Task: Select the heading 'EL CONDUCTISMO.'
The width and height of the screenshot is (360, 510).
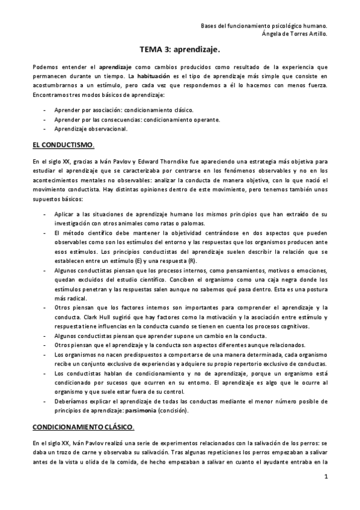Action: [63, 146]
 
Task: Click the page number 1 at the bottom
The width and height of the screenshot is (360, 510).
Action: [325, 478]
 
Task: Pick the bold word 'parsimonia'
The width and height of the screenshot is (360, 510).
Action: [142, 411]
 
